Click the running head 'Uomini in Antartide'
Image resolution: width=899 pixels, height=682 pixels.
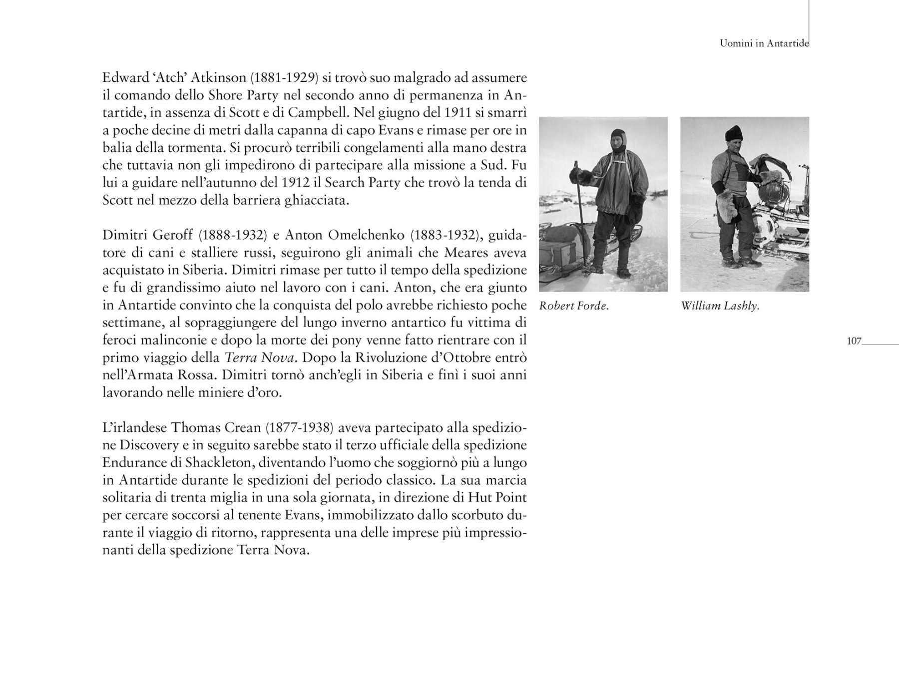[764, 43]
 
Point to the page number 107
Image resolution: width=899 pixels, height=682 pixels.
[855, 341]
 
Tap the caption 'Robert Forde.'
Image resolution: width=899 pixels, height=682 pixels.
[574, 306]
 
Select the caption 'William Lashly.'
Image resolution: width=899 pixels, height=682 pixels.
[720, 306]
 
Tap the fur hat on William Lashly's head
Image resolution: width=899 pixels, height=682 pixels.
[734, 132]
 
